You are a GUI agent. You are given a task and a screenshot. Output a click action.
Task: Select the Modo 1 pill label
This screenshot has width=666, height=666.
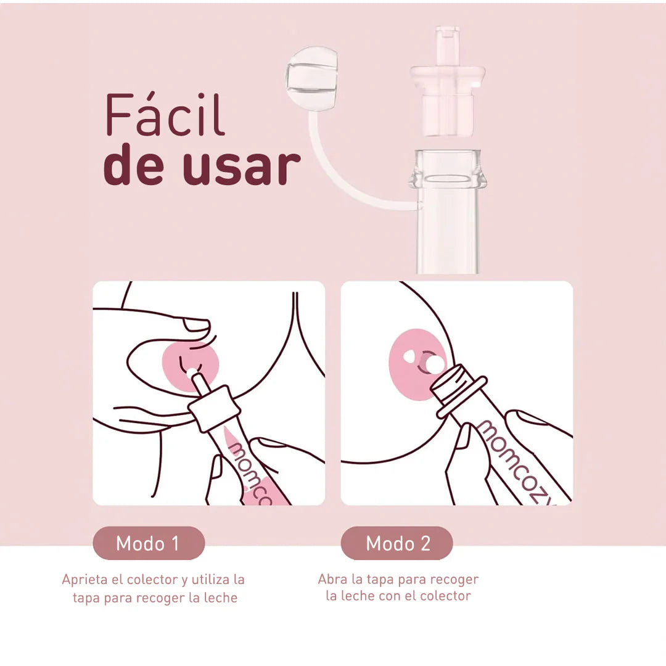click(148, 543)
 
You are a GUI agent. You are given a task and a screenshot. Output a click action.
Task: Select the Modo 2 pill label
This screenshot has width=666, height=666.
click(398, 543)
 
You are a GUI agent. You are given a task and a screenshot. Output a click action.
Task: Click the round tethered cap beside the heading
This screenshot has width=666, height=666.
click(311, 78)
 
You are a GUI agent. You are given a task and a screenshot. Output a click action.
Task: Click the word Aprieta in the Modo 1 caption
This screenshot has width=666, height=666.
click(83, 580)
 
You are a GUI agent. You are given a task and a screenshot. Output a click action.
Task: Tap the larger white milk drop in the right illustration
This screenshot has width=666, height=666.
click(435, 364)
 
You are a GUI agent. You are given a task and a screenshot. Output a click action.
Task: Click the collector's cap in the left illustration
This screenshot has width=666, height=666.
click(214, 409)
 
